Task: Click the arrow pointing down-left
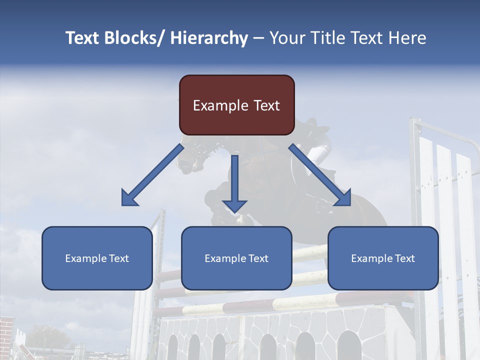coord(152,175)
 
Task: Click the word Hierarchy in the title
coord(209,38)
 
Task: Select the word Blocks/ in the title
coord(132,38)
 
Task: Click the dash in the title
coord(258,38)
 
